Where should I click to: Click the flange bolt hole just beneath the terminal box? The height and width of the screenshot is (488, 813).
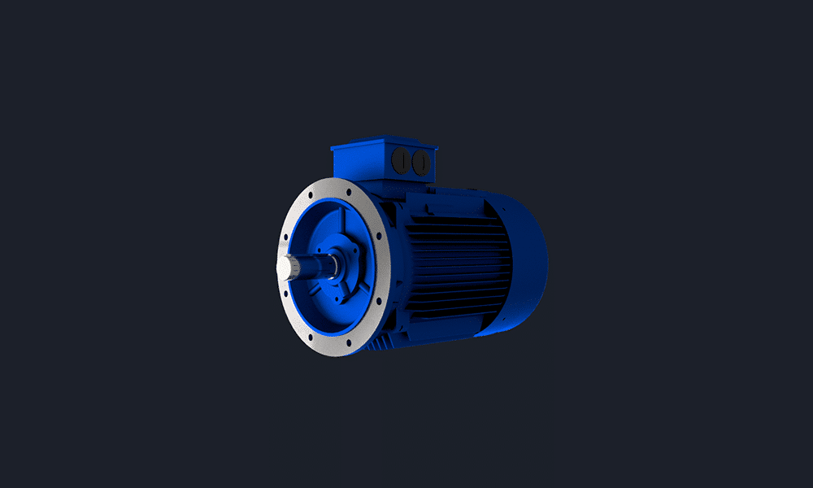coord(349,186)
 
